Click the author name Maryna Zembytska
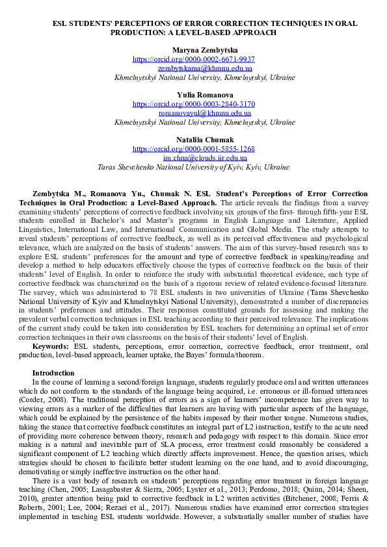click(x=194, y=50)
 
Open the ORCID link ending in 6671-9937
click(x=194, y=58)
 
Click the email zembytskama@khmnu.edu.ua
click(x=205, y=68)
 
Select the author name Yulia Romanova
click(x=194, y=95)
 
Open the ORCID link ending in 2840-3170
click(x=194, y=104)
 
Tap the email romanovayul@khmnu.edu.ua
click(x=205, y=113)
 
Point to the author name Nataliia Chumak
click(x=194, y=140)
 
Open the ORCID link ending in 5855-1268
click(x=194, y=149)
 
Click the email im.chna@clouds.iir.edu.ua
click(x=205, y=158)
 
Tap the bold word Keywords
click(x=51, y=346)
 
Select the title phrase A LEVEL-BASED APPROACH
click(x=230, y=32)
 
